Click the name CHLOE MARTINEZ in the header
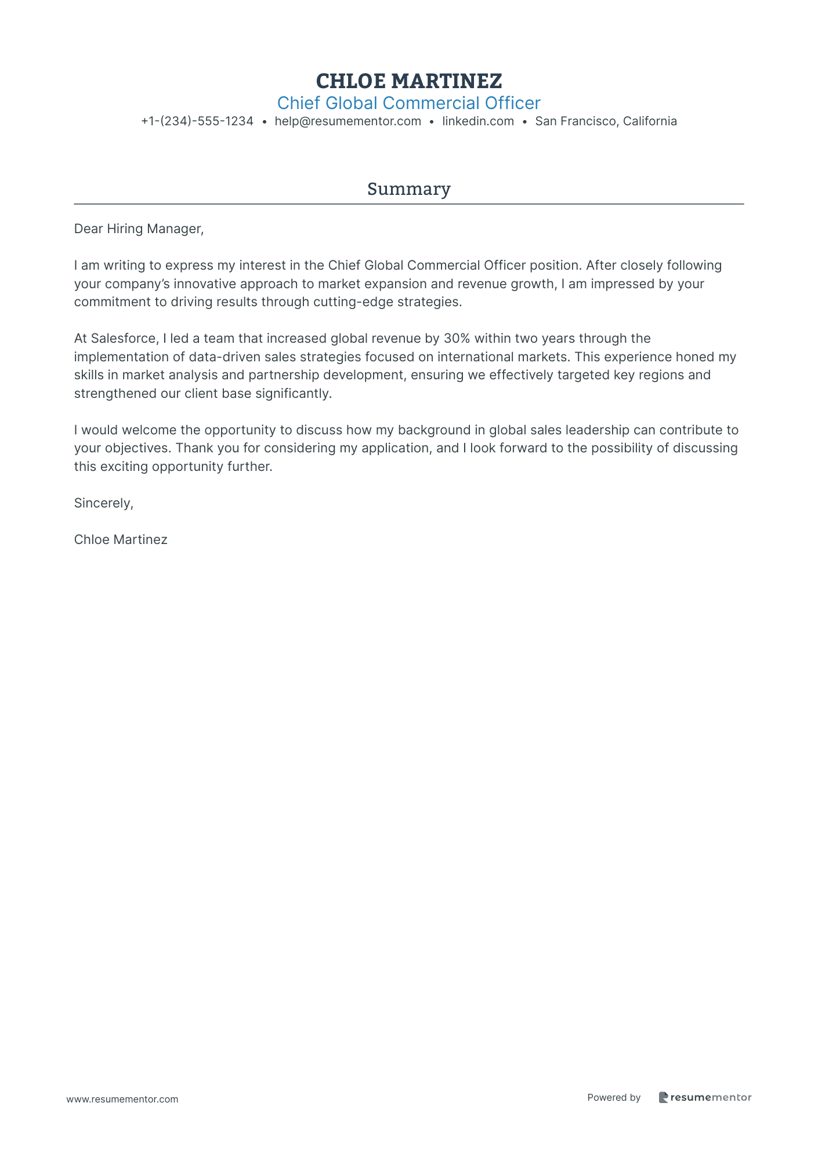(408, 81)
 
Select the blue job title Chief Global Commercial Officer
(408, 103)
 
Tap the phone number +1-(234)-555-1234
(197, 121)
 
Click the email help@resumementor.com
(348, 121)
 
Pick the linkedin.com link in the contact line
(477, 121)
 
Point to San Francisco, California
(606, 121)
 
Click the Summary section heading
(408, 189)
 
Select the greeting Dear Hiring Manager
(139, 229)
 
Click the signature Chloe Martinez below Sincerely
(121, 540)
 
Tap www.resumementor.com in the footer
(122, 1099)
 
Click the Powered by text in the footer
(614, 1097)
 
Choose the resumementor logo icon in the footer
(663, 1097)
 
